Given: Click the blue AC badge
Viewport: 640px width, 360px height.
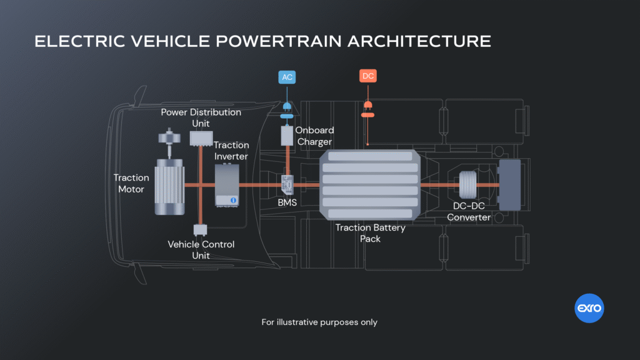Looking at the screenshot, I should (x=286, y=77).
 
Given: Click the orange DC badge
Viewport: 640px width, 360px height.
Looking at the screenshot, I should (x=368, y=76).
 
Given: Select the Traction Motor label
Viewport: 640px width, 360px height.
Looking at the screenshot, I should (x=131, y=184).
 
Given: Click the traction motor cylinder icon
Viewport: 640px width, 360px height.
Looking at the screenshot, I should (x=169, y=186).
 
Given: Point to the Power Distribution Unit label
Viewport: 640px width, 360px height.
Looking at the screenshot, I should (x=201, y=117).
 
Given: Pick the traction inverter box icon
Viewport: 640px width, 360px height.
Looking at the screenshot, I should (x=227, y=185).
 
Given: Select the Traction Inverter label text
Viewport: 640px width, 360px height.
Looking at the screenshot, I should (x=231, y=151).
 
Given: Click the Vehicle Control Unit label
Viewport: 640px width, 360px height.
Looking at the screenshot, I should (x=201, y=249).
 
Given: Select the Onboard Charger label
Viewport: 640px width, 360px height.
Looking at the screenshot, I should (x=314, y=136).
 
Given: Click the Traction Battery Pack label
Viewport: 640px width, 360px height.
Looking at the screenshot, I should (x=370, y=233).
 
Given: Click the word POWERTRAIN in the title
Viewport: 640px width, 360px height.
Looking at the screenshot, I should (x=257, y=41).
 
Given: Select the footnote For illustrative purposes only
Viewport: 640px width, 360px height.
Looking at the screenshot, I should (x=319, y=322).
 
